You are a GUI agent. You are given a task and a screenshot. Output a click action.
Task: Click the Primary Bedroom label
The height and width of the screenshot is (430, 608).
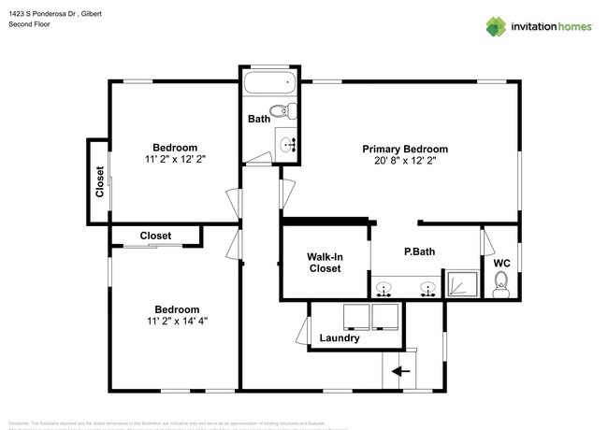tap(405, 149)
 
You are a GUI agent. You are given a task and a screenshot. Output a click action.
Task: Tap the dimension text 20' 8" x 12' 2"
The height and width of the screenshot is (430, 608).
tap(405, 161)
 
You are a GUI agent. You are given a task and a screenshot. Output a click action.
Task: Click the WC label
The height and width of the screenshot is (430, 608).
tap(501, 263)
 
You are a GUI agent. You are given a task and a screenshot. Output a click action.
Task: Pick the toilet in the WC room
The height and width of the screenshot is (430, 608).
tap(500, 289)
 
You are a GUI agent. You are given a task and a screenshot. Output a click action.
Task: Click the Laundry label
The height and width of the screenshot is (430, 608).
tap(339, 338)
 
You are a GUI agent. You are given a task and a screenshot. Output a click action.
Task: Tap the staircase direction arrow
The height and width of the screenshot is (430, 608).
tap(401, 371)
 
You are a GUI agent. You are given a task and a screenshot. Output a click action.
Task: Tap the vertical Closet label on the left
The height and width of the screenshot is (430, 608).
tap(99, 182)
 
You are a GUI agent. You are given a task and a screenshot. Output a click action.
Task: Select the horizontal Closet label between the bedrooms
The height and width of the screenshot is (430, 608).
tap(156, 236)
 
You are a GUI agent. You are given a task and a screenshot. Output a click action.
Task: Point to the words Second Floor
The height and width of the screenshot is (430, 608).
tap(29, 24)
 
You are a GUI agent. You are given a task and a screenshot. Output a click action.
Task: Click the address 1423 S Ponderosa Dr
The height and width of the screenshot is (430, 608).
tap(42, 12)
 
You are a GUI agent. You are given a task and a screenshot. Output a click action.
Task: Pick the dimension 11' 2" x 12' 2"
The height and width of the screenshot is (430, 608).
tap(175, 160)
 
